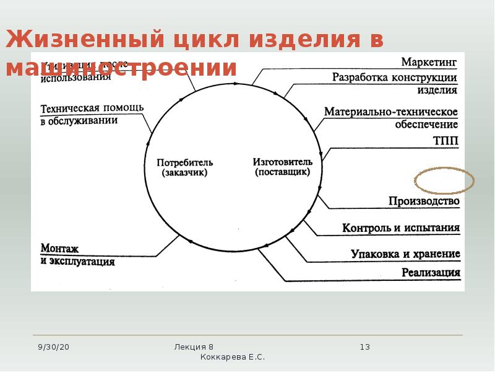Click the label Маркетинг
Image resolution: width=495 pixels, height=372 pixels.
[x=429, y=62]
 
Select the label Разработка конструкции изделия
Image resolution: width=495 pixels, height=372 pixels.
[x=395, y=84]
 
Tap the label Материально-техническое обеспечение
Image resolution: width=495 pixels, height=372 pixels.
[x=391, y=118]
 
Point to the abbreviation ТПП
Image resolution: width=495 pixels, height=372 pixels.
[x=446, y=141]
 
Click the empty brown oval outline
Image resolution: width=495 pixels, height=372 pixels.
[x=444, y=180]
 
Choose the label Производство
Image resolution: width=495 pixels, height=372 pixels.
[x=424, y=201]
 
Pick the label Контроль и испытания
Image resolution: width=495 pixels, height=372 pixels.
[x=401, y=228]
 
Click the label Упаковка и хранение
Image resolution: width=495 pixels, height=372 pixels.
[x=405, y=254]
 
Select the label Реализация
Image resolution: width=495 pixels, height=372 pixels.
[x=431, y=272]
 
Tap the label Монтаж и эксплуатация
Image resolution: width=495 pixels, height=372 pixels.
[x=77, y=255]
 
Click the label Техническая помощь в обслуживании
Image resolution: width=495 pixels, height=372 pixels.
[x=92, y=114]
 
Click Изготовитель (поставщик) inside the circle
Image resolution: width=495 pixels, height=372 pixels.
[x=283, y=167]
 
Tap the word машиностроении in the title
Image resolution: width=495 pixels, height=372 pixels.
[x=121, y=68]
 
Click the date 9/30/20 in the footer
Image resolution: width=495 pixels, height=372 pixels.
[x=53, y=347]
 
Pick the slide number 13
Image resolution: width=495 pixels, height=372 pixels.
[x=364, y=347]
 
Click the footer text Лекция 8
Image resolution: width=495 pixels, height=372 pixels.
[x=194, y=347]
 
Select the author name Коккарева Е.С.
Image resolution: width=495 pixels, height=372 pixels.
[x=233, y=358]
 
